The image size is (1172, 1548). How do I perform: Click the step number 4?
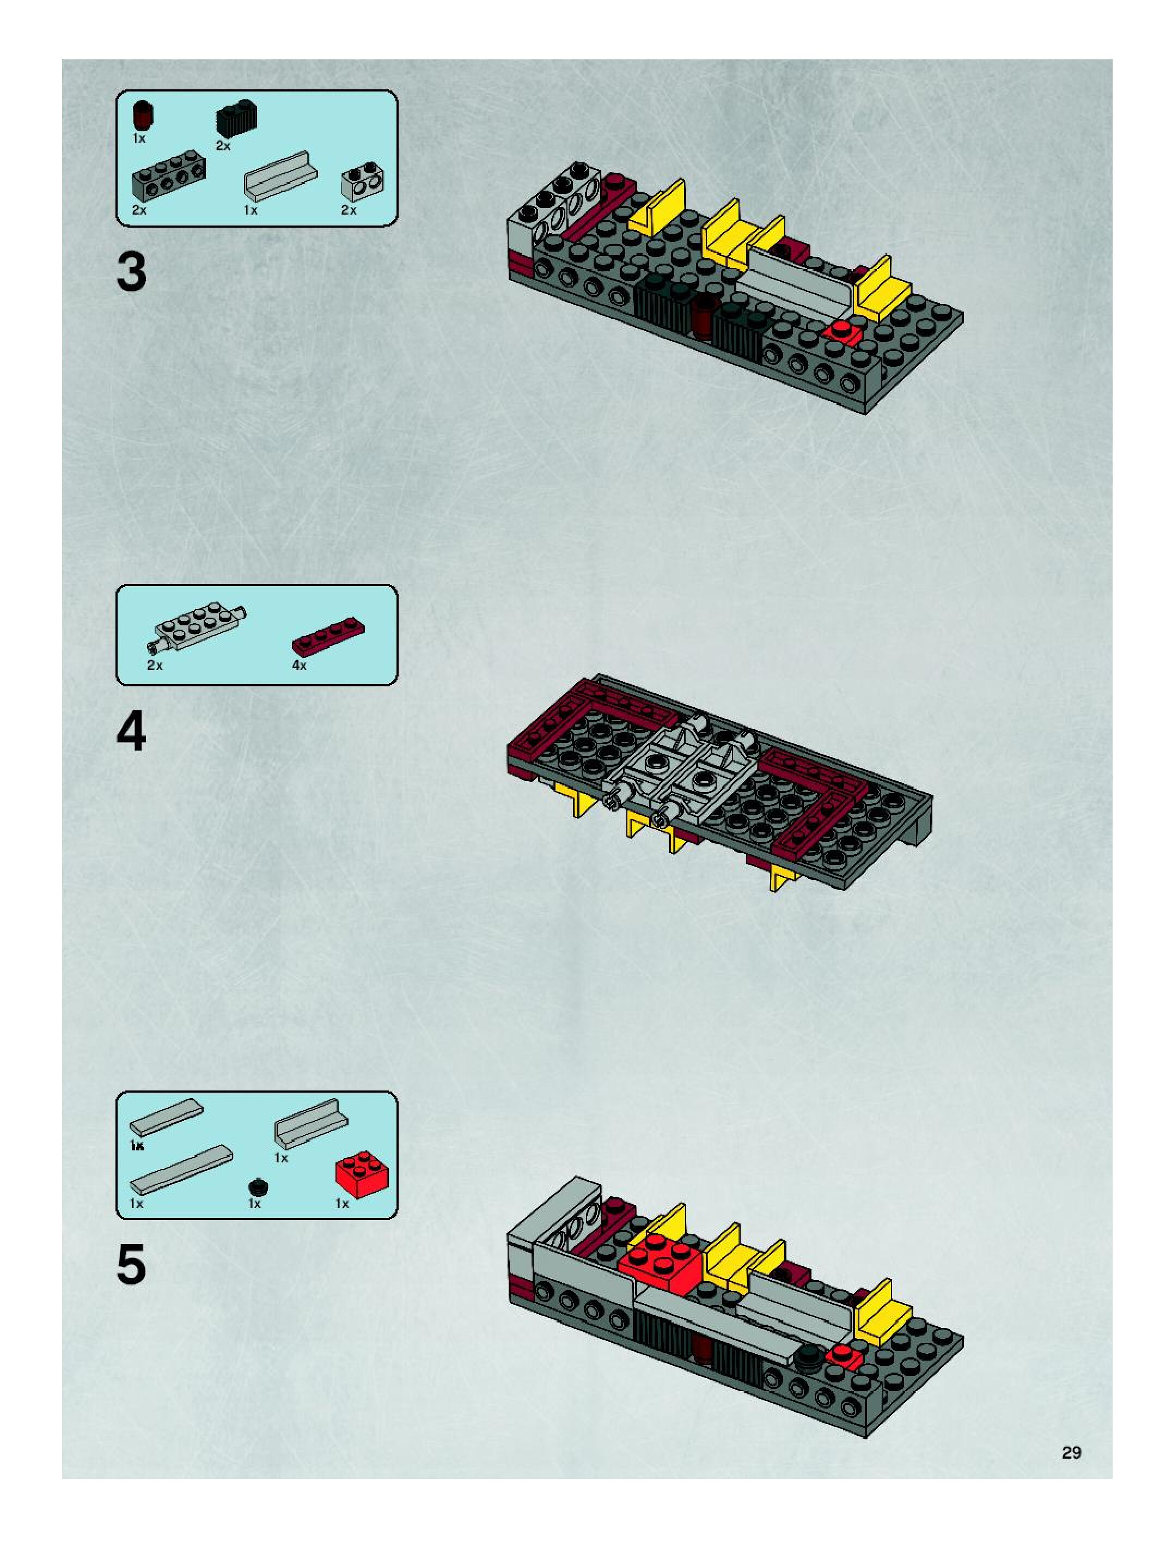(x=132, y=732)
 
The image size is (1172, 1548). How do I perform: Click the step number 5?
(x=132, y=1265)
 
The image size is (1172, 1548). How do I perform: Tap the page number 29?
(x=1071, y=1452)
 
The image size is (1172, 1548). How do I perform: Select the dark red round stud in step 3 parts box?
(x=143, y=115)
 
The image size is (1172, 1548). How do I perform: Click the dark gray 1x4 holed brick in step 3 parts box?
(x=168, y=182)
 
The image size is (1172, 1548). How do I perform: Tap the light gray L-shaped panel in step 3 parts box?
(x=280, y=177)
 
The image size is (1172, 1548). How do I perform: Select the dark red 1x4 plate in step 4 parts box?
(x=327, y=633)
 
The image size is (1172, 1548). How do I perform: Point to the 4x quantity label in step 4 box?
(x=299, y=666)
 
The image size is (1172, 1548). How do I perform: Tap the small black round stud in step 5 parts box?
(x=258, y=1187)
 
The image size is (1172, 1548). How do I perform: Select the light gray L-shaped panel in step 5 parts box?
(x=310, y=1119)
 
